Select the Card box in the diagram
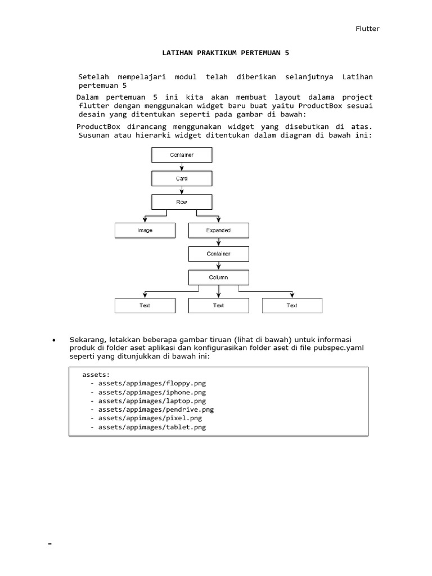[182, 178]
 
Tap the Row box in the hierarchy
[182, 202]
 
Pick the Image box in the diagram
[145, 230]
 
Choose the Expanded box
[218, 230]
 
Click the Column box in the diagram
[218, 277]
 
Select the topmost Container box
[182, 155]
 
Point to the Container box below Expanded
[218, 254]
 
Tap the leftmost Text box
[145, 305]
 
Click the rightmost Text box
[292, 305]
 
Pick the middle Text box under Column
[218, 305]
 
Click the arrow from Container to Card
[182, 166]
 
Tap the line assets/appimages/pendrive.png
[155, 409]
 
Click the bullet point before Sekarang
[53, 341]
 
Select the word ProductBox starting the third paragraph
[97, 126]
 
